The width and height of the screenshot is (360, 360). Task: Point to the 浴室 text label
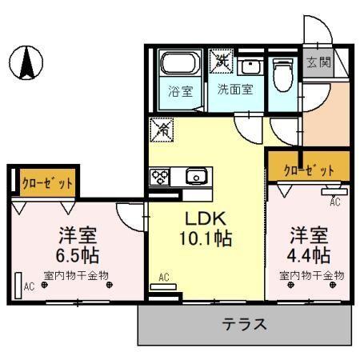(180, 90)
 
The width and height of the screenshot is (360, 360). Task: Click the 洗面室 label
(235, 90)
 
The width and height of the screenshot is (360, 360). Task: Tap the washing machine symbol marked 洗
(220, 61)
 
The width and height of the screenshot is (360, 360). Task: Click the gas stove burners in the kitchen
(158, 177)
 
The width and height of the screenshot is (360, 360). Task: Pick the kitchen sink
(195, 177)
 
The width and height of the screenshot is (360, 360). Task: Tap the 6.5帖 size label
(78, 256)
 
